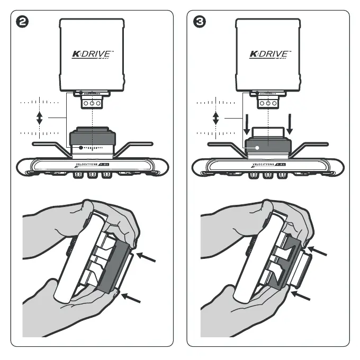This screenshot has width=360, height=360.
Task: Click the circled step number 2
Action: (23, 23)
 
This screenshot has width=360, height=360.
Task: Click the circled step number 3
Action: (200, 23)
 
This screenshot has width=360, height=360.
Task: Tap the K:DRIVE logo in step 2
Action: (93, 54)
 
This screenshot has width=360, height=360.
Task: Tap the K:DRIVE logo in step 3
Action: (269, 54)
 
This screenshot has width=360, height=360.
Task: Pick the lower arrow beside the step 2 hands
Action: (132, 298)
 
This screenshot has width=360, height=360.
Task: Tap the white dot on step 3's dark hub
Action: (256, 148)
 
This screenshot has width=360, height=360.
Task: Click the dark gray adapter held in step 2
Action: (113, 268)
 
